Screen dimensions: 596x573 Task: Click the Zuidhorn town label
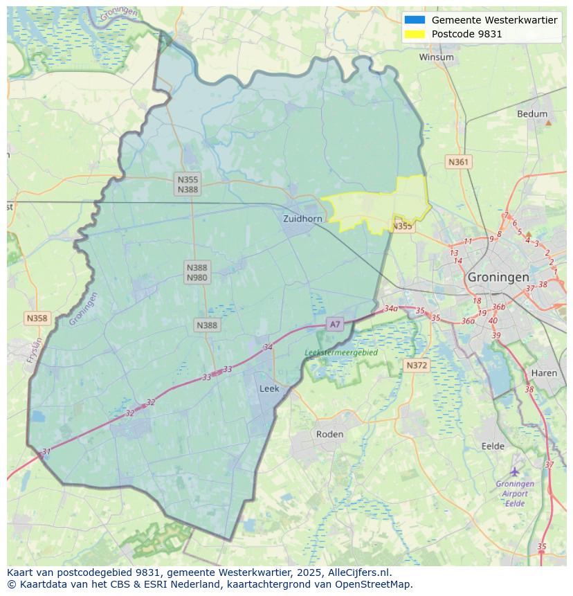(302, 219)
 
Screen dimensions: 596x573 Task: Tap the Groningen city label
(498, 277)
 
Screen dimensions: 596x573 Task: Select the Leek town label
(269, 389)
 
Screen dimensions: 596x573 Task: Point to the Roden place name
(329, 434)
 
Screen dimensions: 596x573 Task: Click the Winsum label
(436, 57)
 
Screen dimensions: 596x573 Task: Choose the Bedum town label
(531, 114)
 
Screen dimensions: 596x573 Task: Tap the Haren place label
(544, 373)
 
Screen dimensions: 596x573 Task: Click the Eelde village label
(493, 446)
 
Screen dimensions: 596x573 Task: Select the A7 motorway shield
(335, 324)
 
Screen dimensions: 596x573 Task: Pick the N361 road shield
(458, 162)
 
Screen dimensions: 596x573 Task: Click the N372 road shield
(417, 365)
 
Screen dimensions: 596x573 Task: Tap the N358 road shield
(37, 318)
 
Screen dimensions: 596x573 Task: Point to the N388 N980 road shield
(197, 272)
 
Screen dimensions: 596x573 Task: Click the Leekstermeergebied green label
(341, 352)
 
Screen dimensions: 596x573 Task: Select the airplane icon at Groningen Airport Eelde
(514, 471)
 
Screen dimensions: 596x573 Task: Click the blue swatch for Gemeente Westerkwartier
(415, 20)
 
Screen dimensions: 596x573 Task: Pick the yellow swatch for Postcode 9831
(415, 34)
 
